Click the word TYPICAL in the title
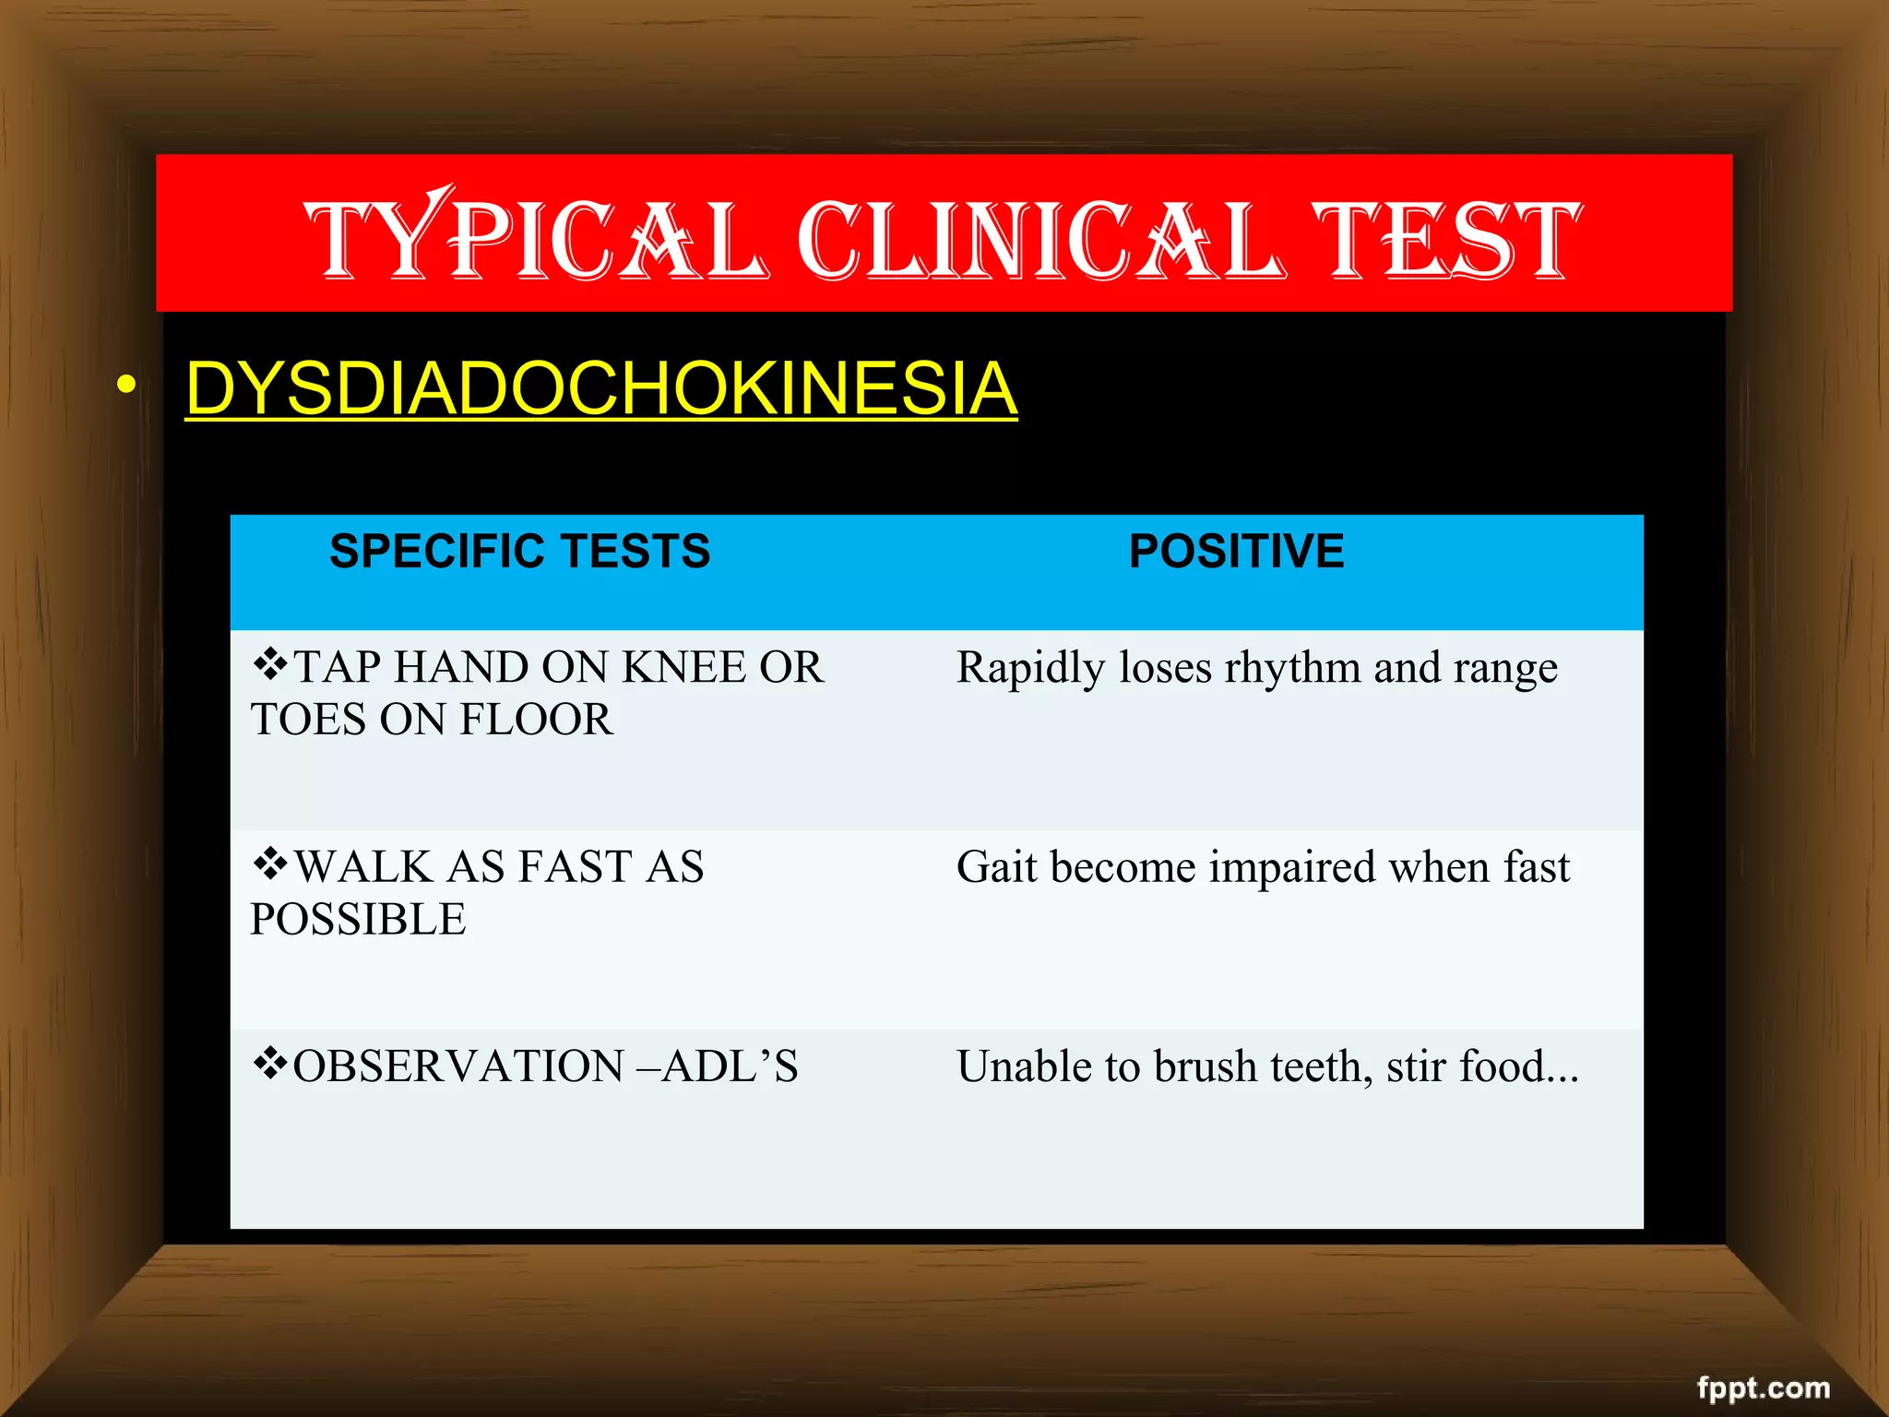(535, 238)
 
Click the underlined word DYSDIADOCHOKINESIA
(601, 388)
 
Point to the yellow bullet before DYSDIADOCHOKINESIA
(126, 385)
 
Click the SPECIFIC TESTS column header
(520, 552)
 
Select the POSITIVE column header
(1236, 552)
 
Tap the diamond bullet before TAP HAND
(270, 664)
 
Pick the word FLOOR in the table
(536, 720)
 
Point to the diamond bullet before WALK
(270, 863)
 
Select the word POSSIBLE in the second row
(358, 920)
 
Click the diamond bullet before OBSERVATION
(270, 1063)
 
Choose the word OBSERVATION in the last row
(458, 1066)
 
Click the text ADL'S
(730, 1066)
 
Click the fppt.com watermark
(1764, 1387)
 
